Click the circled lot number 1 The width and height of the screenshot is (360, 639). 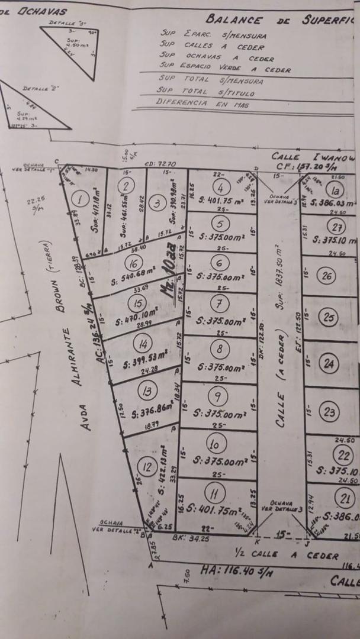(79, 199)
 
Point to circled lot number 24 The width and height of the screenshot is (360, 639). (329, 364)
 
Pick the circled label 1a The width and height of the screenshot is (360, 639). (336, 190)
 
